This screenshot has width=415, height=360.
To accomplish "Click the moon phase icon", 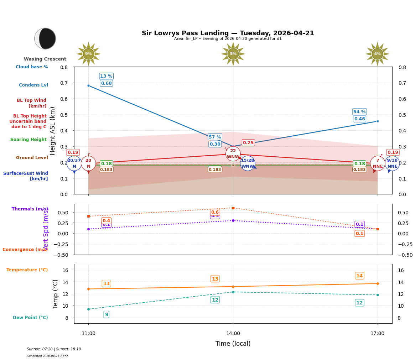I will tap(45, 38).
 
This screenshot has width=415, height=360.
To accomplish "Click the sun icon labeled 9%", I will tap(88, 54).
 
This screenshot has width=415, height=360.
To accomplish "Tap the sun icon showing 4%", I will tap(377, 54).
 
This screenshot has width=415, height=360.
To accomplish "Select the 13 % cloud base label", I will tap(106, 76).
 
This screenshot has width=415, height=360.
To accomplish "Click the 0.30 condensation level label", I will tap(215, 144).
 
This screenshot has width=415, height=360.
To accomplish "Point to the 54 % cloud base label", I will tap(359, 112).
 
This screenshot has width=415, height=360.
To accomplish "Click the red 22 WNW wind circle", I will tap(233, 154).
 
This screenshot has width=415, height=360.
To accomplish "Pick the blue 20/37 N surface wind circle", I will tap(74, 163).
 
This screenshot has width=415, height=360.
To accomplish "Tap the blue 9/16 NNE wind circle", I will tap(392, 163).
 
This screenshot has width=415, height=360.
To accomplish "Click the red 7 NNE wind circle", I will tap(378, 163).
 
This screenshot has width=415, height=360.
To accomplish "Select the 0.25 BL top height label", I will tap(248, 143).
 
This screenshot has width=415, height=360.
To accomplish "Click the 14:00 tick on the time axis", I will tap(233, 333).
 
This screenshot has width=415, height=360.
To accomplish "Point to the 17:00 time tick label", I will tap(377, 333).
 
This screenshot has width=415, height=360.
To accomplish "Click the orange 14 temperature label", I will tap(359, 276).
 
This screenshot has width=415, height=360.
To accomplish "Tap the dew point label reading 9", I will tap(107, 314).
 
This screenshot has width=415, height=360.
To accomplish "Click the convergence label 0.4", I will tap(106, 221).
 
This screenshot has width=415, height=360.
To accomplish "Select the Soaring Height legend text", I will tap(28, 140).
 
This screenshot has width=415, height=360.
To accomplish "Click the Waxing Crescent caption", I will tap(45, 59).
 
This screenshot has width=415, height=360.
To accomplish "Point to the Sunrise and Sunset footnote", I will tap(54, 349).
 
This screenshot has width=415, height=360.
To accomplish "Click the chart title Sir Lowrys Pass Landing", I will tap(228, 33).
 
